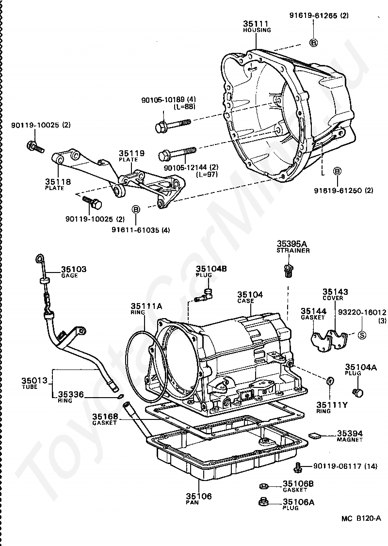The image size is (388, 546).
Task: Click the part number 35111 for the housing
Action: click(x=256, y=23)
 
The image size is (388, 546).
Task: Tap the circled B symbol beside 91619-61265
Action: click(x=313, y=43)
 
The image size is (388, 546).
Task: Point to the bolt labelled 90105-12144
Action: click(x=177, y=154)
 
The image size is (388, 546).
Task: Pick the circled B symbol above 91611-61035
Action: click(x=136, y=209)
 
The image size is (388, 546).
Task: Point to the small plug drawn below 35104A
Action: click(x=359, y=392)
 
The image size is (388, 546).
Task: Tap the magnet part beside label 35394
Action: click(x=315, y=434)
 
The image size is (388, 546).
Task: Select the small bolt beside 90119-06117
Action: click(x=298, y=467)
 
